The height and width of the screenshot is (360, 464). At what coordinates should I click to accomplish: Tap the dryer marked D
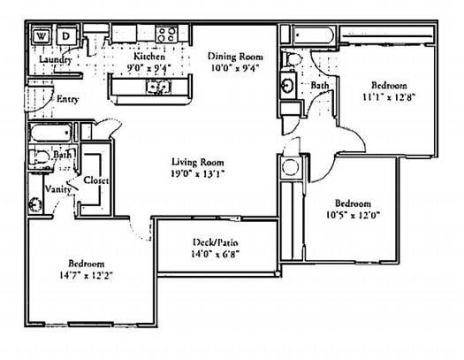pyautogui.click(x=67, y=36)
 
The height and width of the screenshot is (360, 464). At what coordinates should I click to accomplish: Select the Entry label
pyautogui.click(x=67, y=99)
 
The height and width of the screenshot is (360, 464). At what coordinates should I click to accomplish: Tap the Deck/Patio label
pyautogui.click(x=216, y=242)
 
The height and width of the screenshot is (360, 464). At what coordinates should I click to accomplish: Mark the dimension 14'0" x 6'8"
pyautogui.click(x=216, y=254)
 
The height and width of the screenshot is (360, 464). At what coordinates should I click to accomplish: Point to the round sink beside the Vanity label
pyautogui.click(x=34, y=205)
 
